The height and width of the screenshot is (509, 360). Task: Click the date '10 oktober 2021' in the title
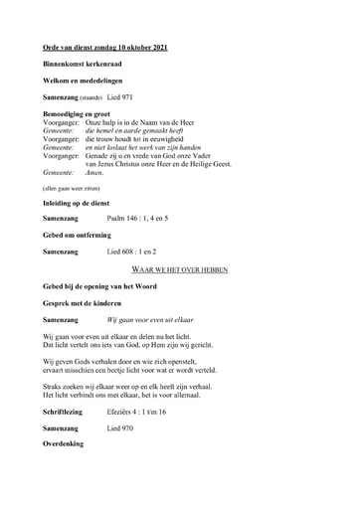tap(148, 47)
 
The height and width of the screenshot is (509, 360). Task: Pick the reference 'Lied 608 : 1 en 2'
tap(134, 253)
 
